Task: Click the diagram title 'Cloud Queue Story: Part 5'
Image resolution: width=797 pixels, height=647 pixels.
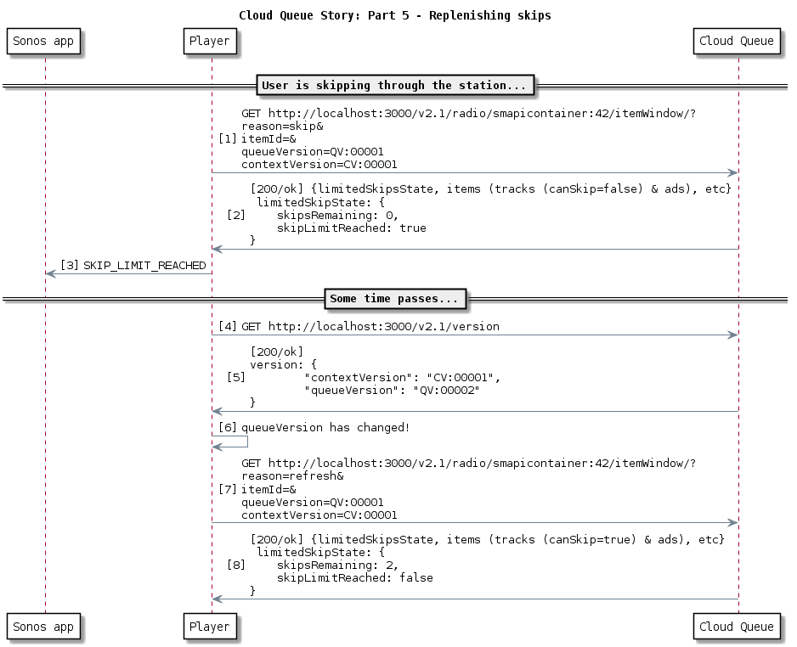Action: pyautogui.click(x=394, y=15)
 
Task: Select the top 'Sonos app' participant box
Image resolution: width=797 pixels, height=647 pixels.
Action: pyautogui.click(x=44, y=41)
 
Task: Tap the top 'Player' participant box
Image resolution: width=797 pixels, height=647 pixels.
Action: pyautogui.click(x=210, y=41)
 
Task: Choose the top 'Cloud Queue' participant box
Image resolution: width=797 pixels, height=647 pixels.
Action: pyautogui.click(x=736, y=41)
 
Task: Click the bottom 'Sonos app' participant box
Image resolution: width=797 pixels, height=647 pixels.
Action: pyautogui.click(x=44, y=627)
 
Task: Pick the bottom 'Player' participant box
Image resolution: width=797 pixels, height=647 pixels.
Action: pyautogui.click(x=210, y=627)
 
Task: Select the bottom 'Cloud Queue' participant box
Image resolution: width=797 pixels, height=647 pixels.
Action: pyautogui.click(x=736, y=627)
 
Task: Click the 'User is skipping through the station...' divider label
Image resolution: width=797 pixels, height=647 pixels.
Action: pyautogui.click(x=396, y=85)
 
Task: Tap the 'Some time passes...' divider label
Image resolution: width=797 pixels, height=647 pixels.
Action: pyautogui.click(x=395, y=299)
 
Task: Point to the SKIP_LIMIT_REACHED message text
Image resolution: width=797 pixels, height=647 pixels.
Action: pyautogui.click(x=144, y=266)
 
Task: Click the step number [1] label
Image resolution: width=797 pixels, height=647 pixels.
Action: pyautogui.click(x=228, y=138)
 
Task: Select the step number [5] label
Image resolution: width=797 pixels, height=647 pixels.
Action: pyautogui.click(x=236, y=376)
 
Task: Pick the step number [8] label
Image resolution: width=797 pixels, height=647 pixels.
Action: pyautogui.click(x=236, y=565)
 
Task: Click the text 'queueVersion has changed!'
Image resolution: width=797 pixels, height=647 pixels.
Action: pyautogui.click(x=325, y=428)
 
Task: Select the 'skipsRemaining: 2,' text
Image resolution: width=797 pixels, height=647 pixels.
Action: pyautogui.click(x=337, y=565)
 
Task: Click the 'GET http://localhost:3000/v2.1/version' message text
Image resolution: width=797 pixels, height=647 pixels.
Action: pyautogui.click(x=370, y=326)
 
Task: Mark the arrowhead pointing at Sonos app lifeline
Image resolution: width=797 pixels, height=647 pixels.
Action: pyautogui.click(x=49, y=273)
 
